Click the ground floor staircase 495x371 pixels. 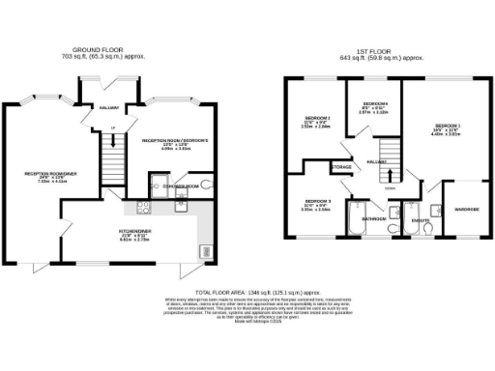click(x=114, y=154)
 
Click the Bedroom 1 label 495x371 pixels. click(x=447, y=128)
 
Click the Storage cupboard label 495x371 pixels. click(x=342, y=167)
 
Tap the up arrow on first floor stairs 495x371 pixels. click(x=390, y=176)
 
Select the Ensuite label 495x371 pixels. click(x=419, y=219)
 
